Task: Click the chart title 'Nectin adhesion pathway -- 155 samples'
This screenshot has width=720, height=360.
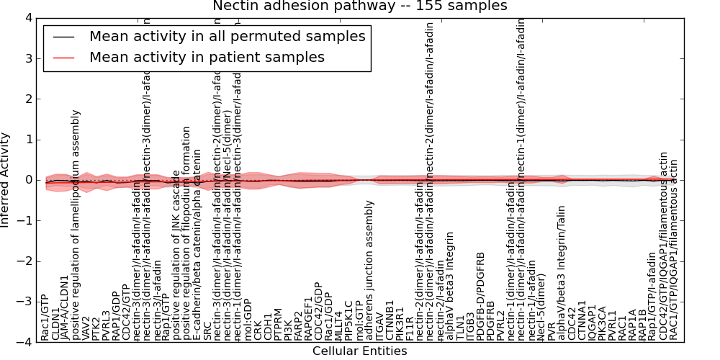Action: point(359,6)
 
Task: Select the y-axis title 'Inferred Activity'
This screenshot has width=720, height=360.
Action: point(6,179)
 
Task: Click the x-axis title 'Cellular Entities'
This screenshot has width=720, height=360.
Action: point(359,351)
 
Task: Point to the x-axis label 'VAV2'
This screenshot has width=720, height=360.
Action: point(86,328)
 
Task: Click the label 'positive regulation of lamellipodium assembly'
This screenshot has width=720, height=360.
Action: point(76,225)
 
